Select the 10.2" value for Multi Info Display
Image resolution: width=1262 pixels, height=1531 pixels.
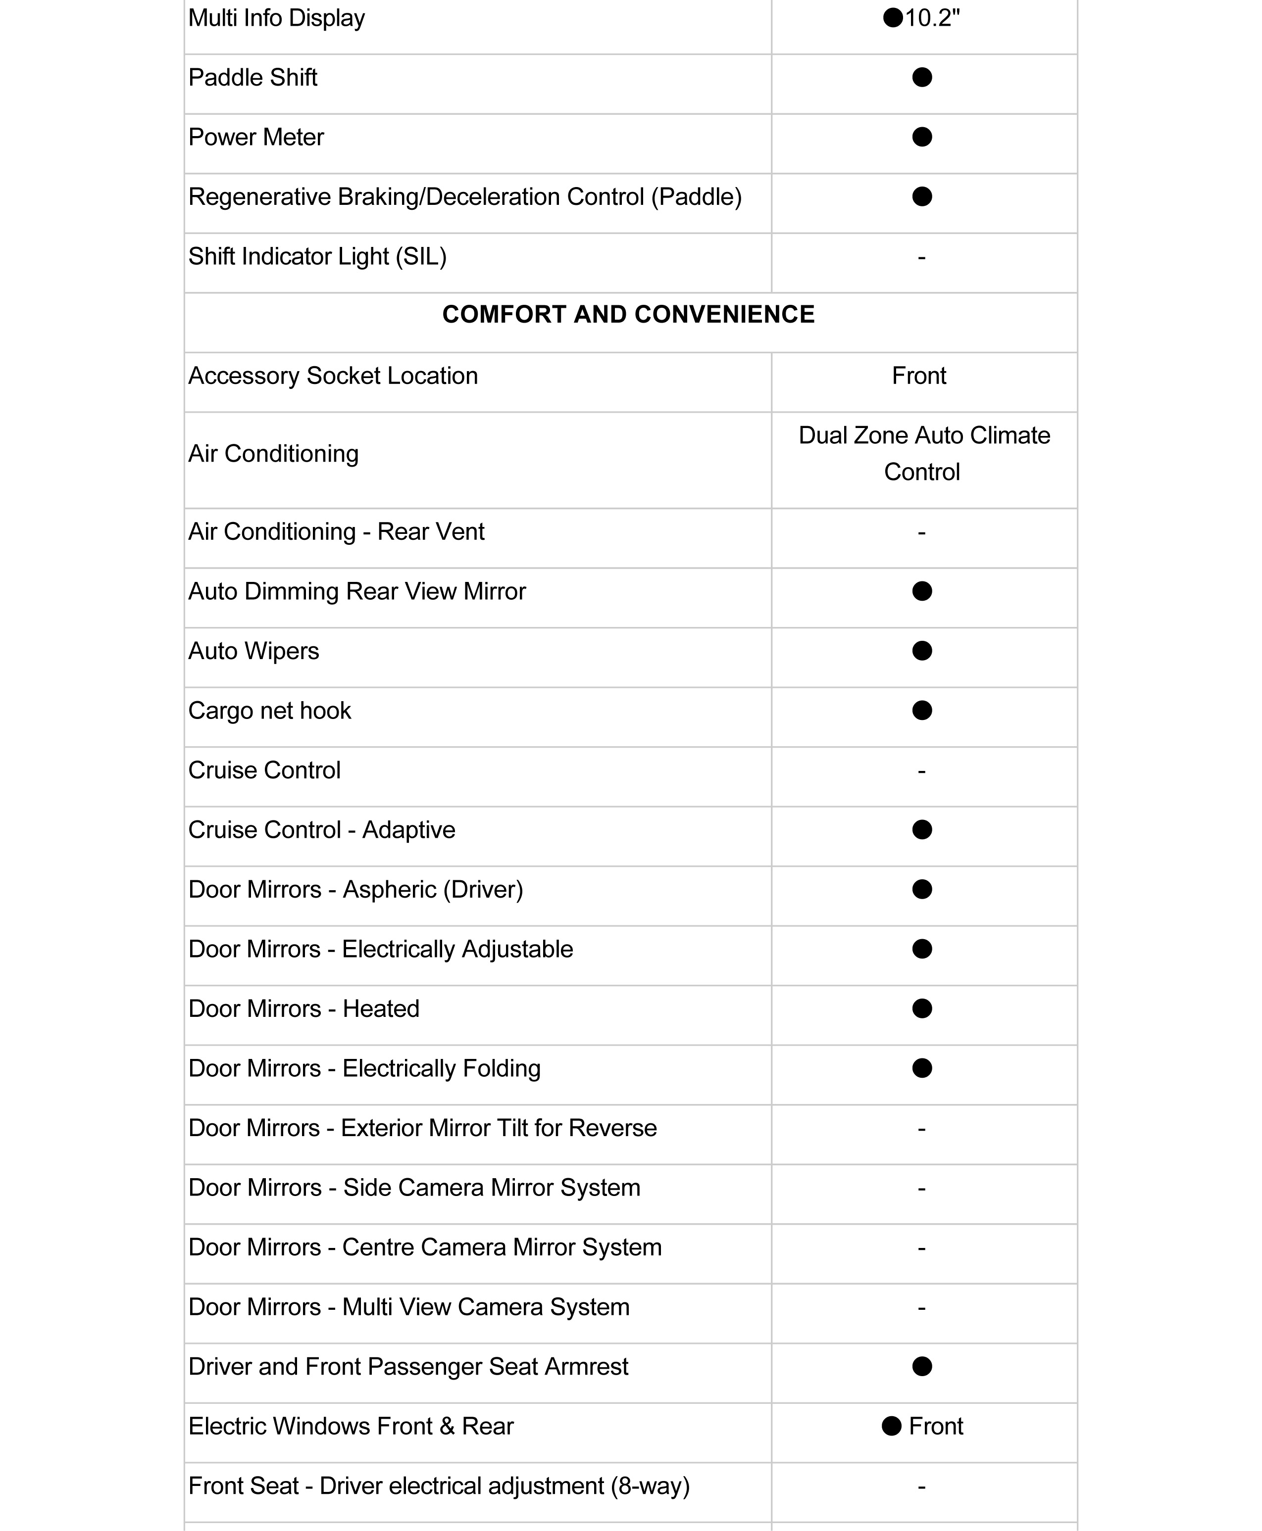click(931, 18)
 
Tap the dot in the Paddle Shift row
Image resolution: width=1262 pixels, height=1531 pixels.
click(922, 78)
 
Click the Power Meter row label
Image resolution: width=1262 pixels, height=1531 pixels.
click(256, 138)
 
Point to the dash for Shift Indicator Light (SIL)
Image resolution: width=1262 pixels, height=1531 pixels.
click(922, 257)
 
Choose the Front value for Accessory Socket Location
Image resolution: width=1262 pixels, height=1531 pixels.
click(919, 376)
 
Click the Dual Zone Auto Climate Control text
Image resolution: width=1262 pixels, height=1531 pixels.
click(923, 453)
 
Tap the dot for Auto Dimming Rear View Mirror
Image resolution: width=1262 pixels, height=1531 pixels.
click(922, 591)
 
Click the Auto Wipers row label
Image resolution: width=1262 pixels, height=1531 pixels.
click(253, 651)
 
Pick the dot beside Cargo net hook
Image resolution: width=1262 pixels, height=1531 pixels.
click(922, 711)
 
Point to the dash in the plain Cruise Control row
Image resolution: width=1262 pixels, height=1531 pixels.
click(922, 771)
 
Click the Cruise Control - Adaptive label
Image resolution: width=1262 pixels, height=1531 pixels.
click(321, 830)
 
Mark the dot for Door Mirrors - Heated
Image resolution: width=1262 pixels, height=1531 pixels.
click(922, 1008)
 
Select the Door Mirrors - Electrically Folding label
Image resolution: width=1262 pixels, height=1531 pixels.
click(364, 1068)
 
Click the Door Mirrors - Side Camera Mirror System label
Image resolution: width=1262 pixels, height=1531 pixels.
click(414, 1187)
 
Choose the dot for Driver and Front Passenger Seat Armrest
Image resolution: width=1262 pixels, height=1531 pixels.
click(922, 1366)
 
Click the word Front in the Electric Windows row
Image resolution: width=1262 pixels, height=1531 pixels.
click(936, 1427)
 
